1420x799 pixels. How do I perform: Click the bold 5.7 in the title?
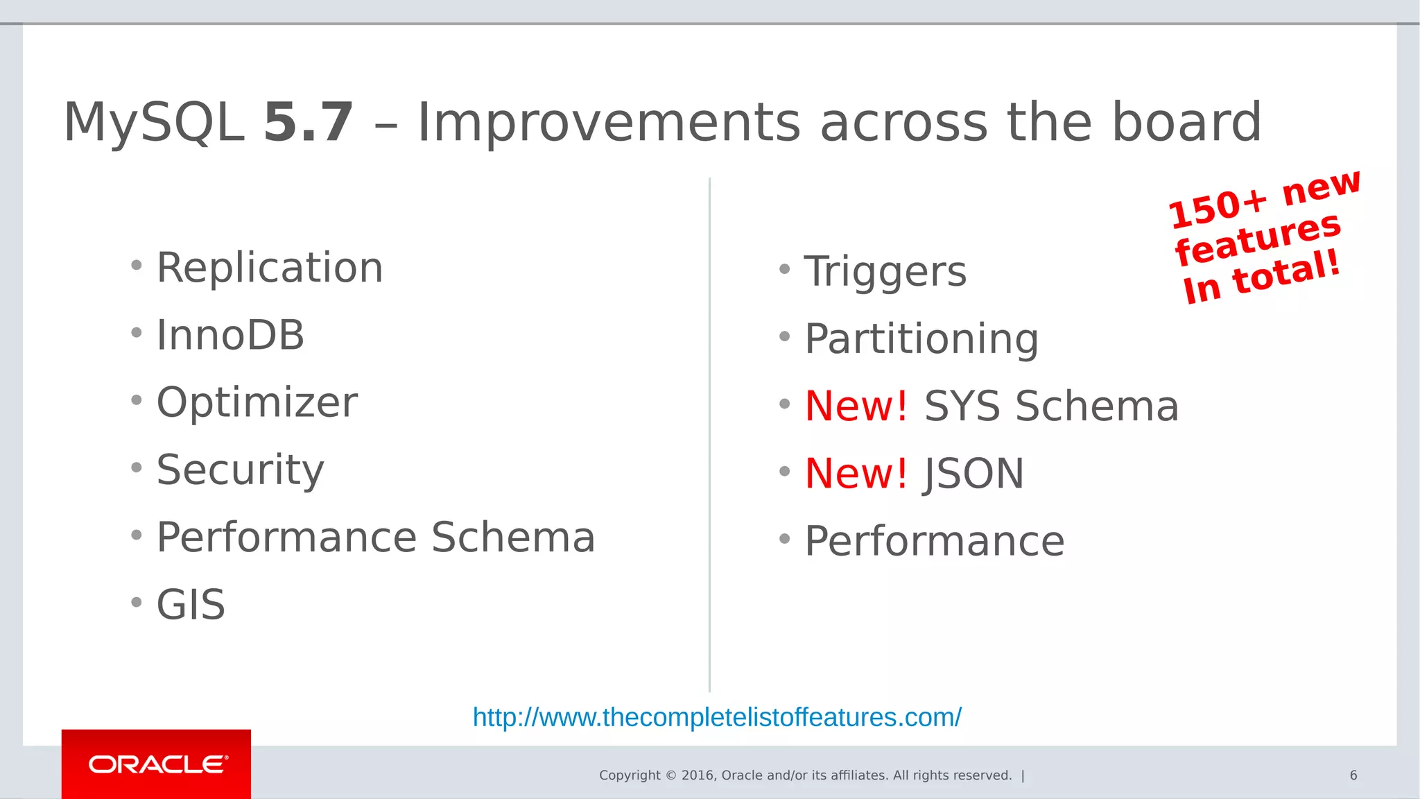(x=309, y=123)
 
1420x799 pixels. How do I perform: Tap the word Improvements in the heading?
(x=609, y=123)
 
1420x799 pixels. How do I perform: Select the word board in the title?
(x=1186, y=123)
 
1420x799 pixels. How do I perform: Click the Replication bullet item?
(x=270, y=268)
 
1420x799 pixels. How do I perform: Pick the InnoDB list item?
(x=230, y=335)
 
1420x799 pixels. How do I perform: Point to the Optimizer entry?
(x=257, y=402)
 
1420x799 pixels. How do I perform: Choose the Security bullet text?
(x=240, y=470)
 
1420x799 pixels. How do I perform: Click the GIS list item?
(x=191, y=604)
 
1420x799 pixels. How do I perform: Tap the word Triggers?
(x=885, y=271)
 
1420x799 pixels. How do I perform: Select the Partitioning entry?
(x=921, y=338)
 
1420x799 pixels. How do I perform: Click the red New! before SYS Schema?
(x=856, y=406)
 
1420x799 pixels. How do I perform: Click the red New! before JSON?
(x=856, y=473)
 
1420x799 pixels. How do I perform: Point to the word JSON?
(x=973, y=474)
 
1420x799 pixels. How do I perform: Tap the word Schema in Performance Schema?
(x=513, y=537)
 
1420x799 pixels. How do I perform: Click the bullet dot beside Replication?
(x=137, y=265)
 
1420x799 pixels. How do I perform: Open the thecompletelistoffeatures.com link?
(x=717, y=717)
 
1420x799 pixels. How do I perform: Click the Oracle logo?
(x=157, y=764)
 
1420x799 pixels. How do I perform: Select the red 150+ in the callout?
(x=1218, y=208)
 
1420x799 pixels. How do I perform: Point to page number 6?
(x=1353, y=775)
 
